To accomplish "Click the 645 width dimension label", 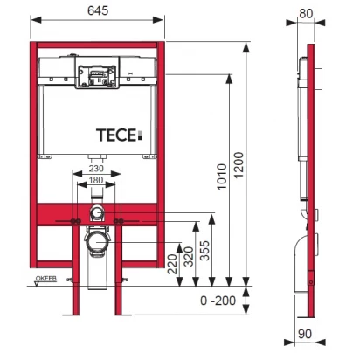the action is tap(98, 10).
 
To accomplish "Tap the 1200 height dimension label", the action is tap(239, 165).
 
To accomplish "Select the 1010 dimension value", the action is tap(222, 177).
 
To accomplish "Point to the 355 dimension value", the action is tap(204, 250).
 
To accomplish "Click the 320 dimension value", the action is tap(189, 256).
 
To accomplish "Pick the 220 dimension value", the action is tap(173, 264).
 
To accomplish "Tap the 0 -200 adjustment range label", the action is tap(218, 301).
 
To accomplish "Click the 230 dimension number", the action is tap(96, 169).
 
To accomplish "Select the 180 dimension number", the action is tap(96, 180).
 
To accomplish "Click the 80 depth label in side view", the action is tap(306, 13).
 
